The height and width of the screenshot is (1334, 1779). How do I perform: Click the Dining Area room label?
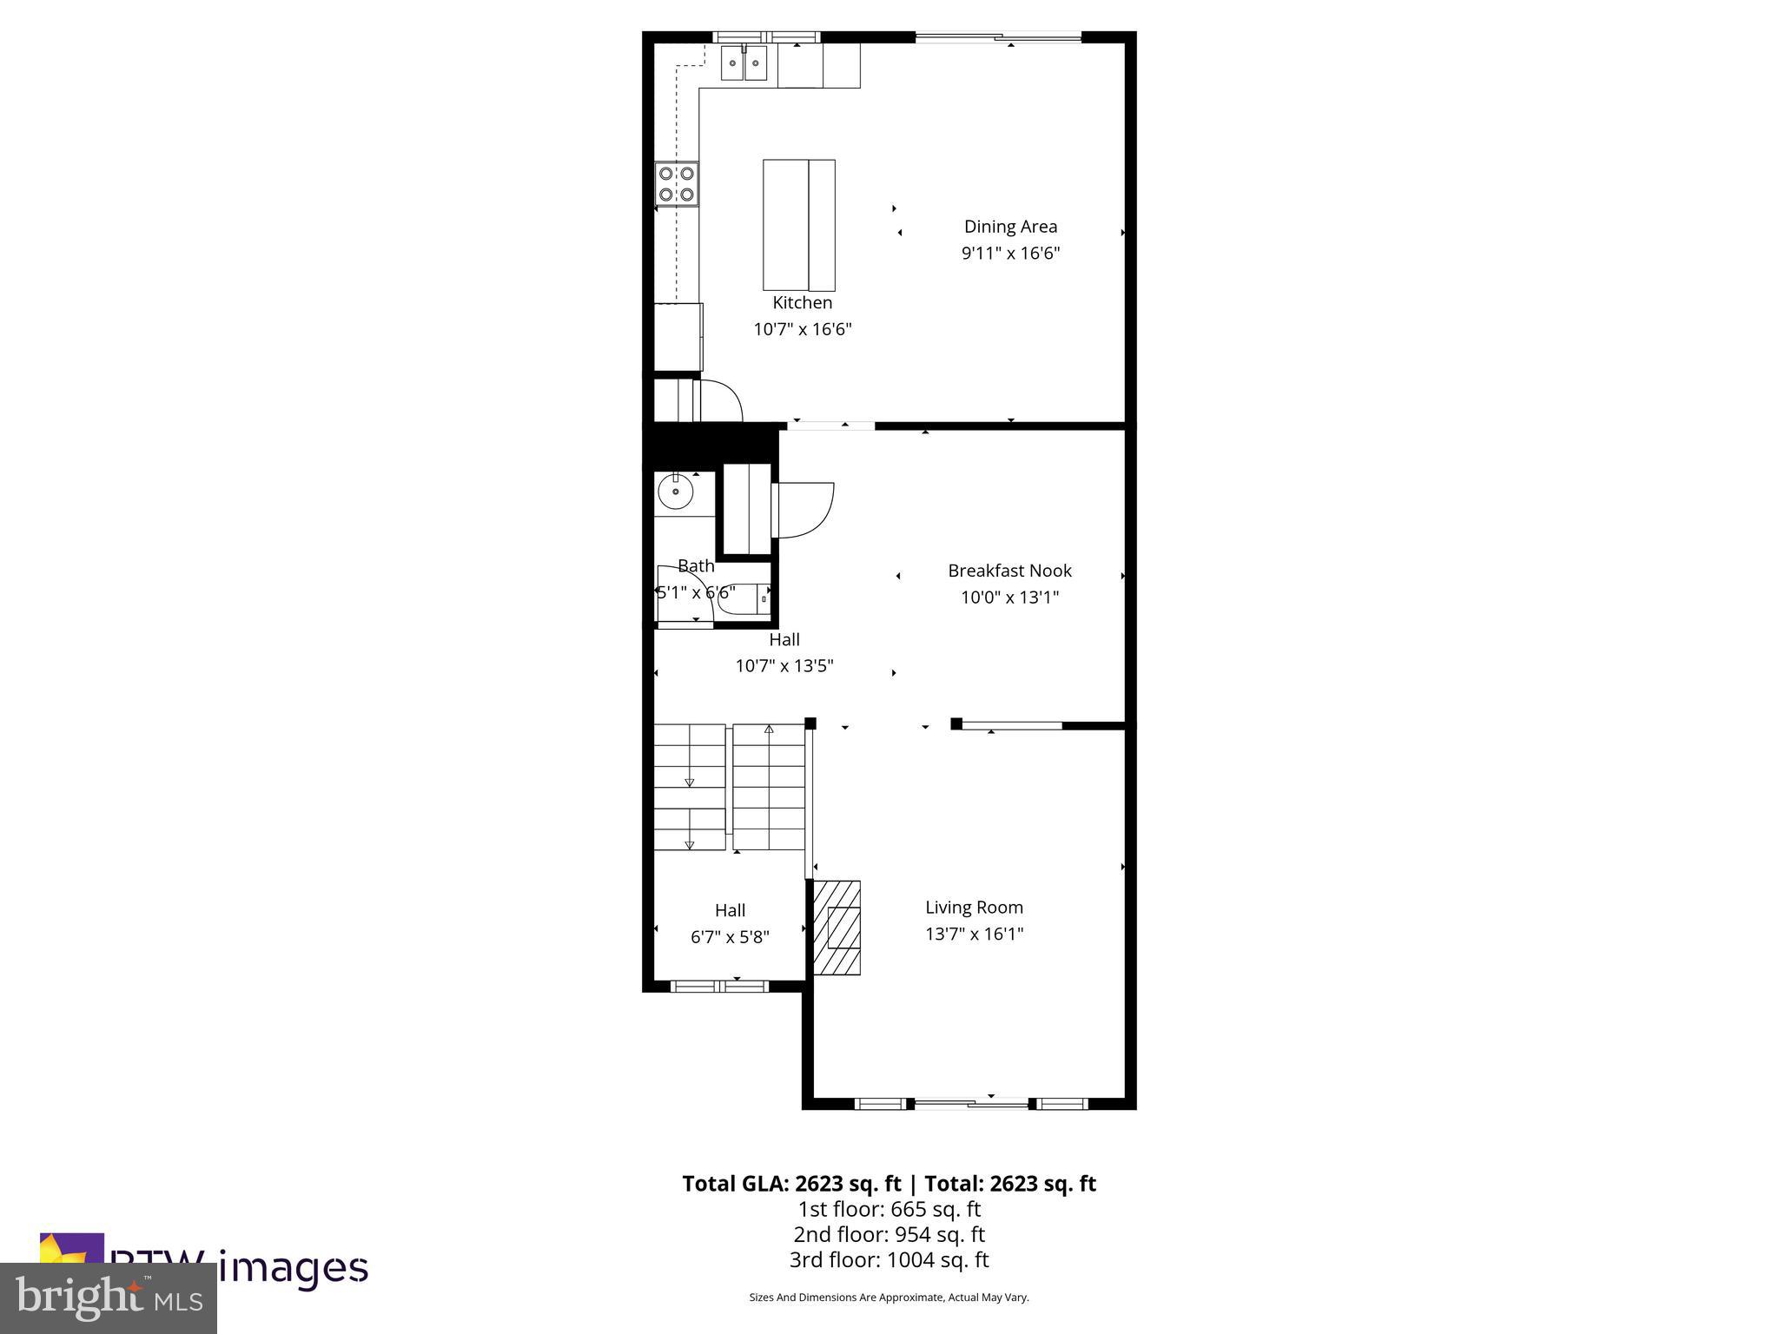pos(1010,227)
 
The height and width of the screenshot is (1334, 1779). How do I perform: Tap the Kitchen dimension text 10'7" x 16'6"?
pos(802,329)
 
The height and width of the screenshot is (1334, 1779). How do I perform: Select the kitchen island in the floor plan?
pos(798,225)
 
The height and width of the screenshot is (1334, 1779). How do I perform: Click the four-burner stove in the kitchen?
pos(676,184)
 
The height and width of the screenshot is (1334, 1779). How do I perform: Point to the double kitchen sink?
pos(744,63)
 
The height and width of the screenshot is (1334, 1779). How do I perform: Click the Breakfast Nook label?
pos(1009,571)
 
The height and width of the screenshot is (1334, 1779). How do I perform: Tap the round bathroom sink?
pos(675,492)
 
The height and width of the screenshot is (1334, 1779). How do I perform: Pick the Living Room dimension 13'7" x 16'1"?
pos(974,934)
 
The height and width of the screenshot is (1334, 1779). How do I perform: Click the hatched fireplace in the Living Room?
pos(837,928)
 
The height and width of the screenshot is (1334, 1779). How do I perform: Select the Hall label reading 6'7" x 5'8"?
pos(730,937)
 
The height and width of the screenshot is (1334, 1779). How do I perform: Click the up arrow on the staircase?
pos(769,729)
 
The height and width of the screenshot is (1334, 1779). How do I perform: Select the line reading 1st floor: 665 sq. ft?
pos(889,1209)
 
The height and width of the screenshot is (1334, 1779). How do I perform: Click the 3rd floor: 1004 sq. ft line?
pos(889,1259)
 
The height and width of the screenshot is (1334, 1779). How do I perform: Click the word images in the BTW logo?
pos(294,1268)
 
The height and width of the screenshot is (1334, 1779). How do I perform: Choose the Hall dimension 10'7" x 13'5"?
pos(784,666)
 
